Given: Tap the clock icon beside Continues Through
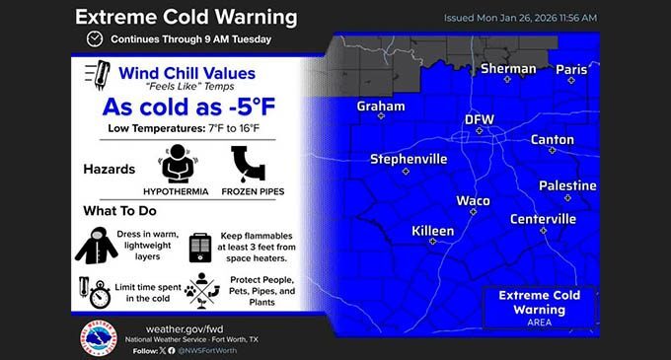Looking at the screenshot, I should tap(94, 39).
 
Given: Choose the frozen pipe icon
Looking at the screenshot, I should tap(247, 163).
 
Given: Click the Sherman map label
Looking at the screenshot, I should tap(508, 69).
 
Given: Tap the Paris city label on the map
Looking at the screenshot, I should tap(570, 69).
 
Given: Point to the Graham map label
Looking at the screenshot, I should tap(381, 106).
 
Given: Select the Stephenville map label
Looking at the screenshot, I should tap(409, 158).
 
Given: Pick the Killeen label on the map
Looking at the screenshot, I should tap(432, 230).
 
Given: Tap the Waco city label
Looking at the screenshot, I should tap(473, 200).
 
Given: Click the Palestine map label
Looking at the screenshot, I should tap(567, 185).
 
